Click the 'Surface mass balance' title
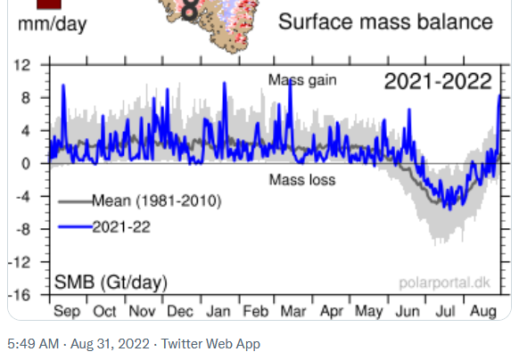385,22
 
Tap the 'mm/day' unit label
53,24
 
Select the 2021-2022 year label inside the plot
438,81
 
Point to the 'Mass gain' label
302,80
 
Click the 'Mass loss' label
302,180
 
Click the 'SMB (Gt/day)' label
111,282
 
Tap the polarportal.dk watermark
444,282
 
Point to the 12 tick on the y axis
21,65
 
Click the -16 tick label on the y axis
20,295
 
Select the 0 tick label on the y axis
26,163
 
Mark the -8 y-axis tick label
21,229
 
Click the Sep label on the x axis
67,311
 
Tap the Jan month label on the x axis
218,311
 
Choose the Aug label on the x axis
483,312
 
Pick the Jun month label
408,311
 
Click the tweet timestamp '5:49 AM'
33,344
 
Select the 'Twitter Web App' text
210,344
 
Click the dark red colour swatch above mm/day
49,4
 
